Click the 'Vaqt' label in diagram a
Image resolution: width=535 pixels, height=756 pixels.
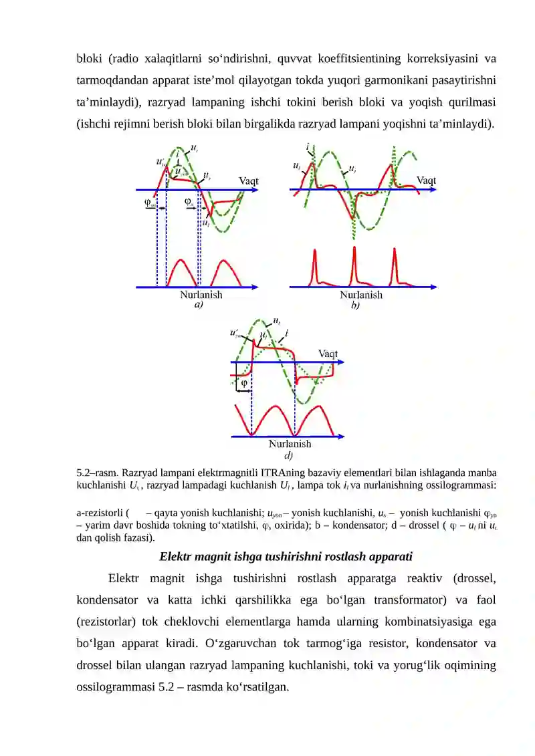coord(249,180)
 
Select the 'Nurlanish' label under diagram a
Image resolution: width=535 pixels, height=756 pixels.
coord(201,294)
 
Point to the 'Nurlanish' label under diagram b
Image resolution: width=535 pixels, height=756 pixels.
coord(361,295)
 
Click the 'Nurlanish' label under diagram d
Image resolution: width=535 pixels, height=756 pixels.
coord(290,443)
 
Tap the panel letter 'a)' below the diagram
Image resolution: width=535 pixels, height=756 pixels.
coord(199,304)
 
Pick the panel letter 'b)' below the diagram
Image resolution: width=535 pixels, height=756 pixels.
coord(355,305)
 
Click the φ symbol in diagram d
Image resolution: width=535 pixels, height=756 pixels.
coord(244,384)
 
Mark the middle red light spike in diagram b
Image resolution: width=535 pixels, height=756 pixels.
coord(354,264)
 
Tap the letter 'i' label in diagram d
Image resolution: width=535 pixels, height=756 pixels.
coord(287,332)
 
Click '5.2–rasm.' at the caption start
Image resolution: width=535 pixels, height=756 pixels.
coord(99,473)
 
